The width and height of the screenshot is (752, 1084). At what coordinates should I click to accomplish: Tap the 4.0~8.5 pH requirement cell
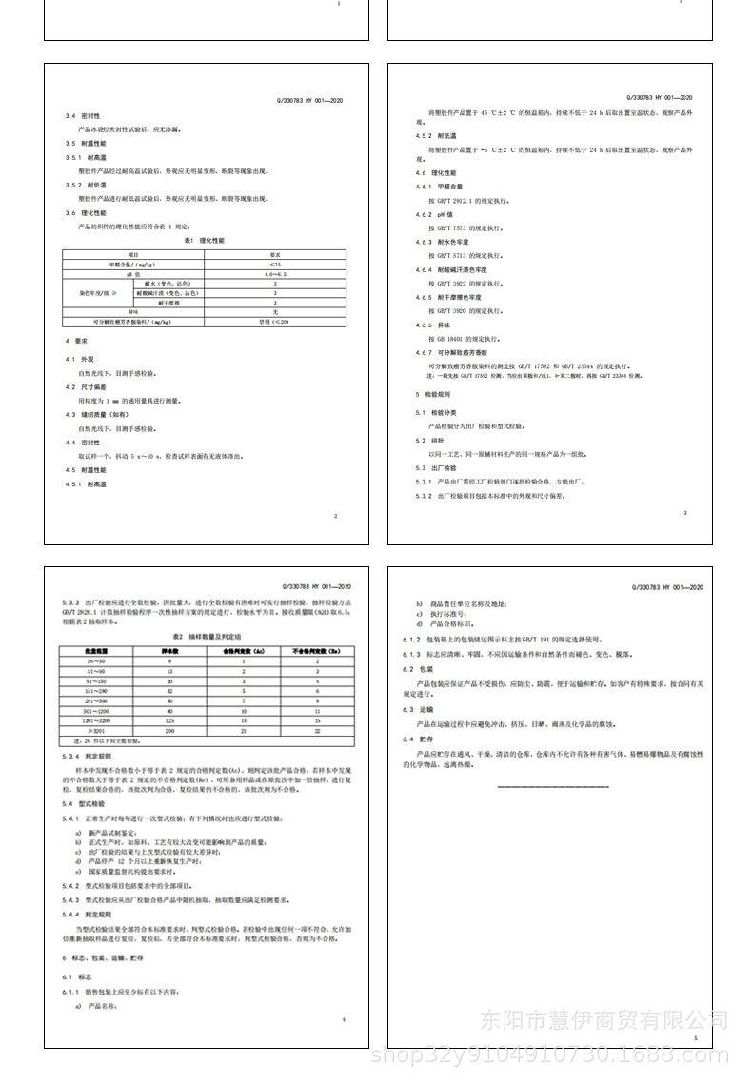click(x=275, y=273)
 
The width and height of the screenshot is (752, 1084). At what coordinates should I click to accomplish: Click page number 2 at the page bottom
click(x=336, y=516)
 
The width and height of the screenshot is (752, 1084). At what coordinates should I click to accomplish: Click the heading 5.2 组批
click(x=431, y=441)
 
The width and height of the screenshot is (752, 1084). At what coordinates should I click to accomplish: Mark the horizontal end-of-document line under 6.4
click(x=553, y=786)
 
